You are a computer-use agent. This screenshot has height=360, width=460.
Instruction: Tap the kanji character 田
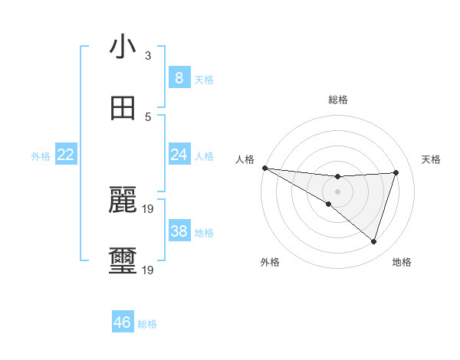coord(123,108)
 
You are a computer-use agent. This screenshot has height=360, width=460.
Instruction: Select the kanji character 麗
coord(123,201)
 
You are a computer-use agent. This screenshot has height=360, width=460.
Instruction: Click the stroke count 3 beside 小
coord(148,56)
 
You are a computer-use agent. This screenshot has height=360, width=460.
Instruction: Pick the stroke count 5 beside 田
coord(148,117)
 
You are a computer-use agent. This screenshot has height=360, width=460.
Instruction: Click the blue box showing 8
coord(179,77)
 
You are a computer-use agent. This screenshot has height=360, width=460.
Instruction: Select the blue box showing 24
coord(179,155)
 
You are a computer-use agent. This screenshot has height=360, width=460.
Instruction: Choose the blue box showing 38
coord(179,231)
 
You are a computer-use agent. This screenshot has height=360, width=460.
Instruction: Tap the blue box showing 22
coord(65,155)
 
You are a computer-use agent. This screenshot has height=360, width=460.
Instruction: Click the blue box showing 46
coord(123,322)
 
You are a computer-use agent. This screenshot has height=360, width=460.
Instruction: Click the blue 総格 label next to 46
coord(147,324)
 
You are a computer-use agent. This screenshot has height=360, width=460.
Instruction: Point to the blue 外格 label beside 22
coord(41,156)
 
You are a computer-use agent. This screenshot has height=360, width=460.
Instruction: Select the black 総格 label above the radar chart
coord(338,100)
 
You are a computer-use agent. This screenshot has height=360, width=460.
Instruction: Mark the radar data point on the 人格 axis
coord(264,167)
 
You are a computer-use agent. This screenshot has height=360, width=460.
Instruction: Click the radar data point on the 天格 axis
coord(396,172)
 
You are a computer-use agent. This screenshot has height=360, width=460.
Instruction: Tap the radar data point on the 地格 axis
coord(373,241)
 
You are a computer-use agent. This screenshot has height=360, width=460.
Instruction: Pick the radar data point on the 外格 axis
coord(328,204)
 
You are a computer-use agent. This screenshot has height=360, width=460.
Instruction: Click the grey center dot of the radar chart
coord(337,191)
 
